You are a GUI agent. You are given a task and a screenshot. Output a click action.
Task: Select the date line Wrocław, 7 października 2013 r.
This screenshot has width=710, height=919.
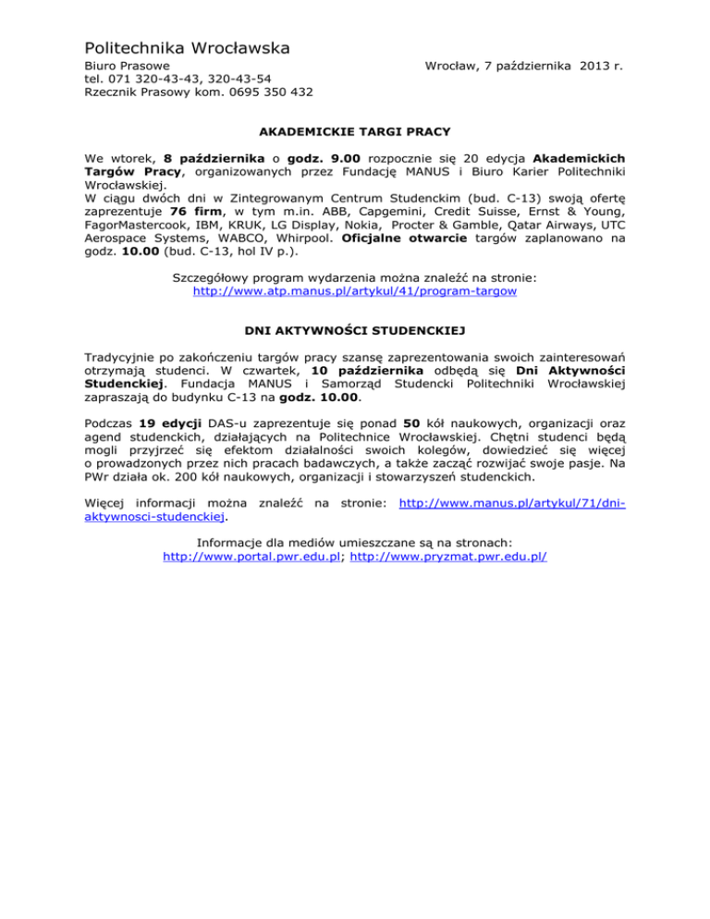click(x=523, y=67)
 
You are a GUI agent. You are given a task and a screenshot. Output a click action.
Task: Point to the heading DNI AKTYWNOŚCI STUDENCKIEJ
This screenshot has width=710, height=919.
click(x=354, y=328)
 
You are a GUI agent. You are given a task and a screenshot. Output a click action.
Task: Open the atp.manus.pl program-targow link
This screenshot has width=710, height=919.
click(x=354, y=290)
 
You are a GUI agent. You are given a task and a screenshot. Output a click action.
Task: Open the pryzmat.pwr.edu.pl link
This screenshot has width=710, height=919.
click(x=449, y=558)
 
